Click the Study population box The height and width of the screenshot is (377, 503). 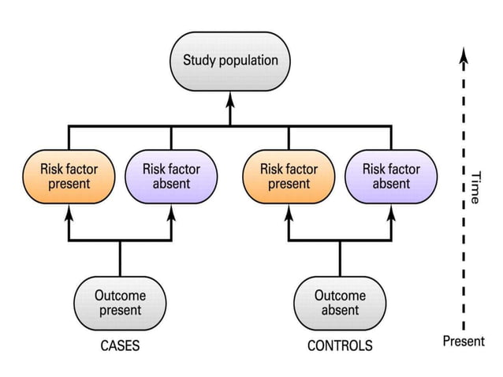point(230,60)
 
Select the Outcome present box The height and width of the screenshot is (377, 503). point(120,303)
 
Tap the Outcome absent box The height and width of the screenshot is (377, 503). point(340,303)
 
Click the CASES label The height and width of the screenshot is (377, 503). point(120,345)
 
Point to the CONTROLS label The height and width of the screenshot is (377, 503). point(340,345)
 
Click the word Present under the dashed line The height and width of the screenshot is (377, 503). point(464,342)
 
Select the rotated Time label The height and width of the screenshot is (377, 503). point(475,188)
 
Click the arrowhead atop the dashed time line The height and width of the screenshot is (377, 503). point(464,54)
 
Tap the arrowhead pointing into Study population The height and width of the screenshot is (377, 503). point(230,99)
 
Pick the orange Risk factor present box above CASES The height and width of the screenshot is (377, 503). point(67,176)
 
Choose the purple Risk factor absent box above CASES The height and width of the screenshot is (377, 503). point(171,176)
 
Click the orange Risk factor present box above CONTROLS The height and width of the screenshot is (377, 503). point(289,176)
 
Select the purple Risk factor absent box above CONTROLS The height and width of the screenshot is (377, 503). point(391,176)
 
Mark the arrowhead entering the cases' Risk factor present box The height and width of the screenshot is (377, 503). point(67,212)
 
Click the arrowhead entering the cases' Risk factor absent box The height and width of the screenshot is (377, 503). point(171,212)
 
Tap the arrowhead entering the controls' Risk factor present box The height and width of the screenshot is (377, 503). point(289,212)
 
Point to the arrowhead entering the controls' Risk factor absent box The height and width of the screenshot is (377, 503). point(391,212)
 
